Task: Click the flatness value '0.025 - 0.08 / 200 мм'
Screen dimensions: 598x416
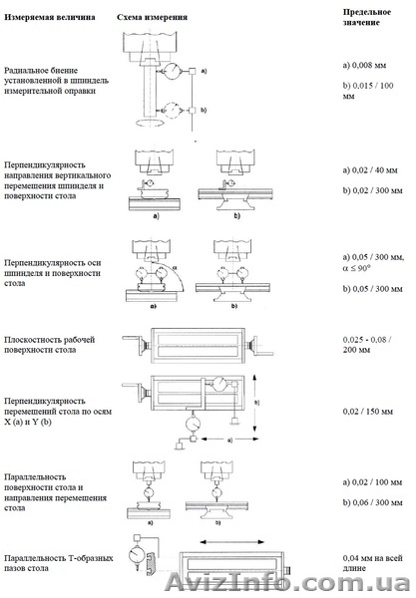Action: [x=368, y=346]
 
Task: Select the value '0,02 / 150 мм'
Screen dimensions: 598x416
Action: [x=366, y=424]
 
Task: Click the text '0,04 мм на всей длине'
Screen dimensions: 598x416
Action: [x=368, y=562]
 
